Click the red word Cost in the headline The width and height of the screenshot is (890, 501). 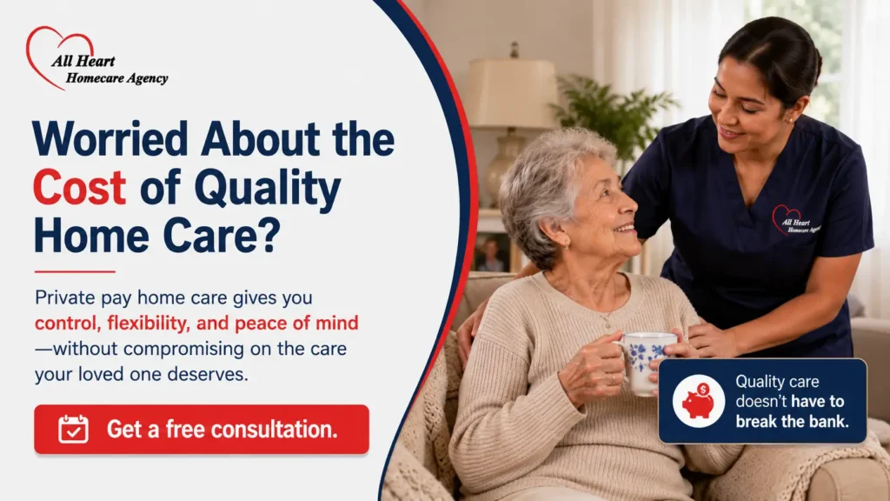coord(79,188)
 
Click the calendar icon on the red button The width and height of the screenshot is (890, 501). coord(73,430)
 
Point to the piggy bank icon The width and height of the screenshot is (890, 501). coord(699,401)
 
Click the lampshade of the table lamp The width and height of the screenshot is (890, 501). coord(512,93)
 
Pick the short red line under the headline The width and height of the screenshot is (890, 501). coord(75,272)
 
